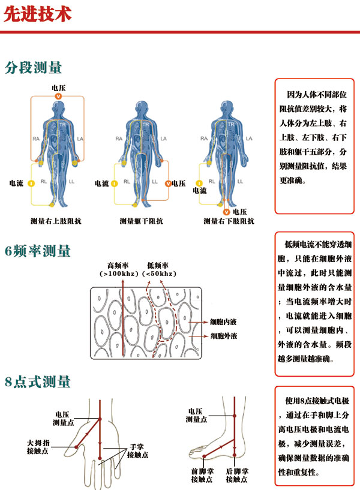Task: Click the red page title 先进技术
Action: (x=37, y=14)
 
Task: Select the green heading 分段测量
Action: (x=33, y=67)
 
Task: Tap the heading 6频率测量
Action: (x=37, y=251)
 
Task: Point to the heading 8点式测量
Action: (x=37, y=381)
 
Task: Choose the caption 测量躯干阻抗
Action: (x=141, y=221)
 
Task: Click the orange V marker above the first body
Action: (x=58, y=96)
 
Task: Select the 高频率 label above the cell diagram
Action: (x=117, y=264)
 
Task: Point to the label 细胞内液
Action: (x=223, y=322)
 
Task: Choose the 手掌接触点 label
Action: (x=137, y=452)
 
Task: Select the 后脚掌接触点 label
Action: (x=237, y=476)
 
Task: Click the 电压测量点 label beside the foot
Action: (x=199, y=415)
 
